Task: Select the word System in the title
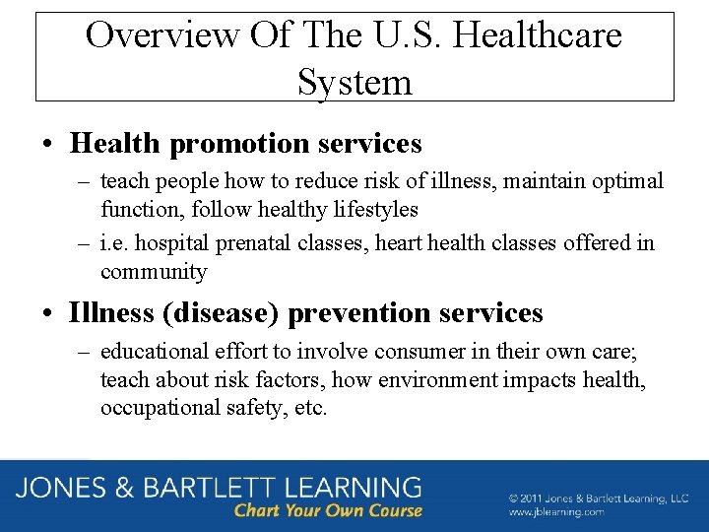coord(354,81)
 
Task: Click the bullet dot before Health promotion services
coord(47,145)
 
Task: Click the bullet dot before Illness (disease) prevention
coord(47,314)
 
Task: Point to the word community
coord(154,271)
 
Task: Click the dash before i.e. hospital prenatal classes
coord(83,243)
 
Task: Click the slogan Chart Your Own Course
coord(328,510)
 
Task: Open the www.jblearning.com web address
coord(556,512)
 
